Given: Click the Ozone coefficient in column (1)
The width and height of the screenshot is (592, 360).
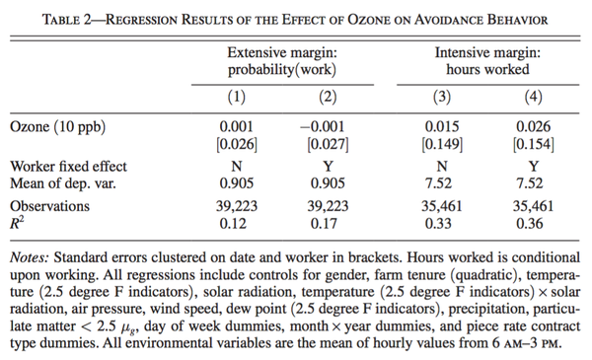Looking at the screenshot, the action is pos(237,126).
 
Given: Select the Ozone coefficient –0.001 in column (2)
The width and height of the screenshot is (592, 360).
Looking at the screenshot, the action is pos(323,126).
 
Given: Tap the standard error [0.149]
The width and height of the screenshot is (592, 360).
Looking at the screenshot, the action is pos(442,144).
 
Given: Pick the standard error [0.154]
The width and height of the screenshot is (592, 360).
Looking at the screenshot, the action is pos(534,144).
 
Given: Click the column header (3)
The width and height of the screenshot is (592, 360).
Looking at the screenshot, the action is pos(442,97).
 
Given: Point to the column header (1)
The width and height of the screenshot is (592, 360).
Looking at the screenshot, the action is pos(237,97).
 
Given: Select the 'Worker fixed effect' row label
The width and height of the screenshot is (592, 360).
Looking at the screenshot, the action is pos(68,167).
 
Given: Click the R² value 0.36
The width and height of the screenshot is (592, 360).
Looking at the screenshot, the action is pos(530,223).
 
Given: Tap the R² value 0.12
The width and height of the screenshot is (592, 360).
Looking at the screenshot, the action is pos(233,223).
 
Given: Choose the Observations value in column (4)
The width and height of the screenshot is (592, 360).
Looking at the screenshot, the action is pos(533,206).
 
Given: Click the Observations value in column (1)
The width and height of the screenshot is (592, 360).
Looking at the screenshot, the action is pos(237,206).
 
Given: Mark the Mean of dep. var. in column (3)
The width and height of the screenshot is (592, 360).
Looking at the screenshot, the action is pos(438,183).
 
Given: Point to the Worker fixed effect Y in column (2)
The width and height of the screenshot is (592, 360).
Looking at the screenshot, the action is pos(328,167).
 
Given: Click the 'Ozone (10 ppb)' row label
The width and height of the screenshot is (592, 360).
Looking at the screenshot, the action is pos(58,127).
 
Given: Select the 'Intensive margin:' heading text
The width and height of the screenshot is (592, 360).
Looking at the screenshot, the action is pos(487,52).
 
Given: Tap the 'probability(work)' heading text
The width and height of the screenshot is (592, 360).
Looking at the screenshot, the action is pos(282,70).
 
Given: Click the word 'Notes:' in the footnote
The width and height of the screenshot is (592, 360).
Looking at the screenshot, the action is pos(30,257).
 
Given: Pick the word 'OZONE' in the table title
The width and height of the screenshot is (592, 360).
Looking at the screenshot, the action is pos(369,20).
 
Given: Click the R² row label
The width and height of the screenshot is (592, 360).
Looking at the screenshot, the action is pos(17,223).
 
